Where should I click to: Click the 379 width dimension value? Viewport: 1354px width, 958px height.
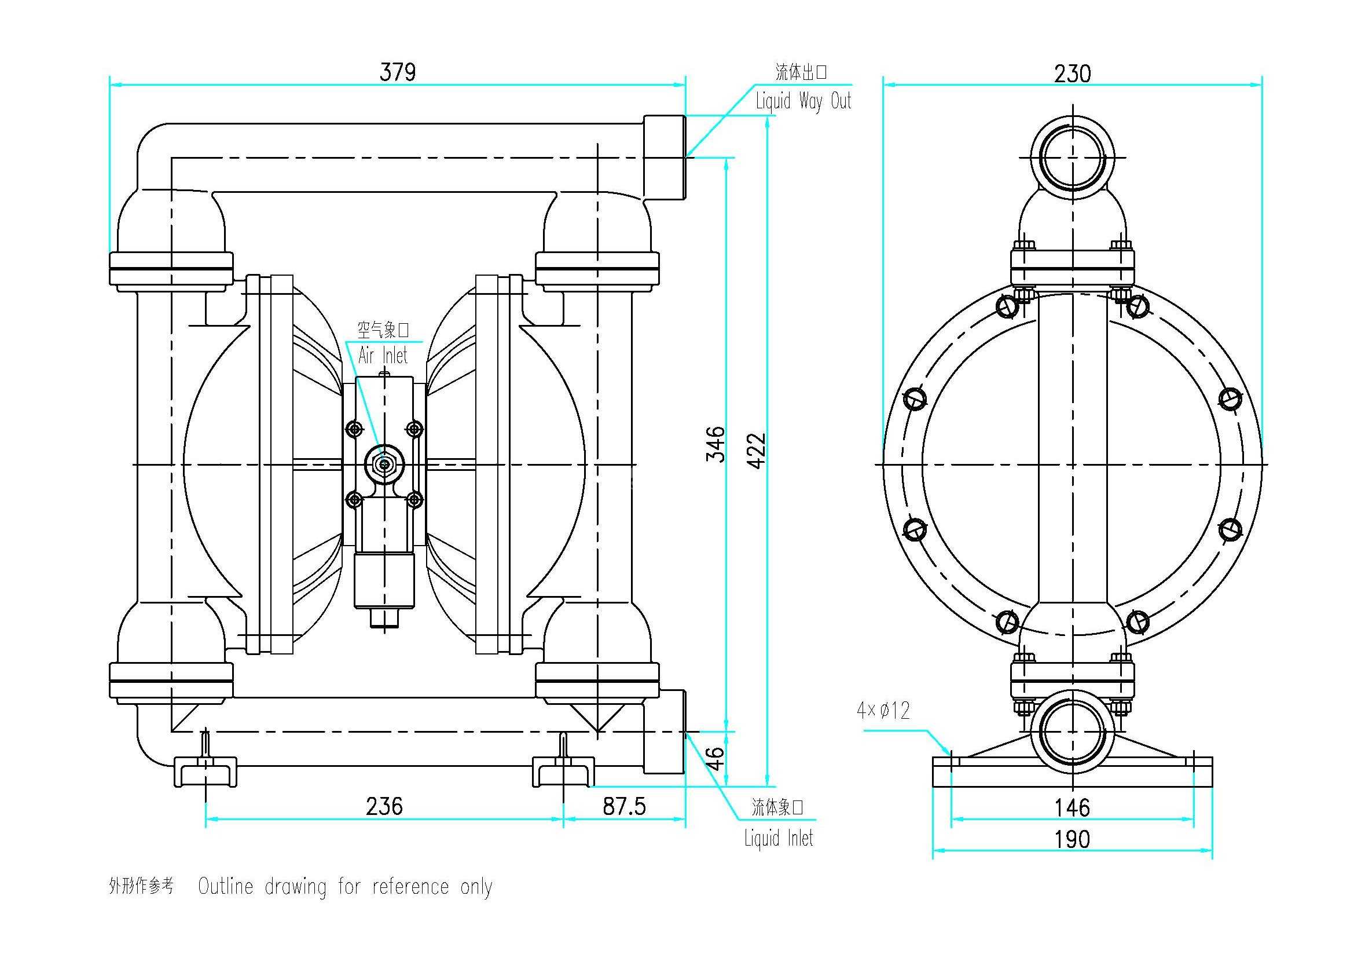click(x=398, y=72)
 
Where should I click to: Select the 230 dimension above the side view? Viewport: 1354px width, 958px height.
click(x=1072, y=74)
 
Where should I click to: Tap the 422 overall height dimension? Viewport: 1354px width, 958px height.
click(x=757, y=451)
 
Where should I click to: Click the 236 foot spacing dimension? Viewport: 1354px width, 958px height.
click(x=384, y=806)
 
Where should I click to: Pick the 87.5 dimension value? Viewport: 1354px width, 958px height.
click(x=624, y=806)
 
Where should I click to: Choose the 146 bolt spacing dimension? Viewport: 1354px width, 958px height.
click(x=1072, y=807)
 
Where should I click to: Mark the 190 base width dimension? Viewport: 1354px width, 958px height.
click(x=1072, y=839)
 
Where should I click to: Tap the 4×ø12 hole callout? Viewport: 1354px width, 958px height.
click(x=883, y=710)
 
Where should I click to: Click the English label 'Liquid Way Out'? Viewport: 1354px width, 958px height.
click(x=803, y=101)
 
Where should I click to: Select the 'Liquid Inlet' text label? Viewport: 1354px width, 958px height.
click(x=779, y=838)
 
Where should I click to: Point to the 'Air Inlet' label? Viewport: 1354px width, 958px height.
click(x=383, y=356)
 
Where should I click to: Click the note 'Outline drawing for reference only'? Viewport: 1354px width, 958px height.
click(x=345, y=887)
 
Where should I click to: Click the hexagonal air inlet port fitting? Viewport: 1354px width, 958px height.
click(x=384, y=465)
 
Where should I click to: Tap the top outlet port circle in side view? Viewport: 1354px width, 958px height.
click(x=1072, y=158)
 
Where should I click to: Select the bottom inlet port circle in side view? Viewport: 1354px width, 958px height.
click(x=1072, y=731)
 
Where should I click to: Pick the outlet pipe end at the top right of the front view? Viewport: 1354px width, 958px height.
click(x=665, y=157)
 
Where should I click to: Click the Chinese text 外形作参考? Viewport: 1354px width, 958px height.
click(x=141, y=886)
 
